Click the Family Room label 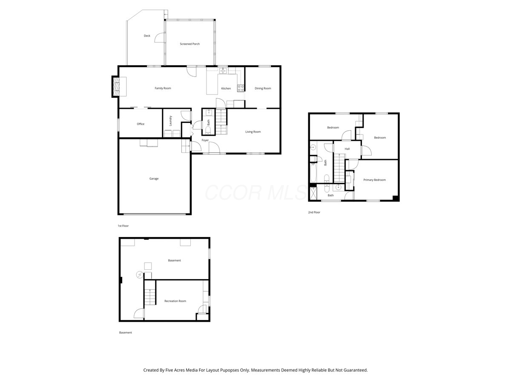(x=163, y=88)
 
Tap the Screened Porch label (x=190, y=44)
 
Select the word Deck (x=147, y=36)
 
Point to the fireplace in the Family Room (x=116, y=86)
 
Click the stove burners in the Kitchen (x=241, y=88)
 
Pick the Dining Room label (x=263, y=89)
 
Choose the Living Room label (x=253, y=131)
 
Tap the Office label (x=141, y=124)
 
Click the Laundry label (x=170, y=121)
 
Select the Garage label (x=154, y=179)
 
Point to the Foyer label (x=205, y=140)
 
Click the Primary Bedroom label (x=374, y=180)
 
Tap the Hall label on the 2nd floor (x=347, y=149)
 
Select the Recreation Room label (x=175, y=301)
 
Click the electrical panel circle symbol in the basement (x=139, y=275)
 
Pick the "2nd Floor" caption (x=314, y=212)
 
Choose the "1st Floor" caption (x=123, y=226)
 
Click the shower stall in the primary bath (x=313, y=193)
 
